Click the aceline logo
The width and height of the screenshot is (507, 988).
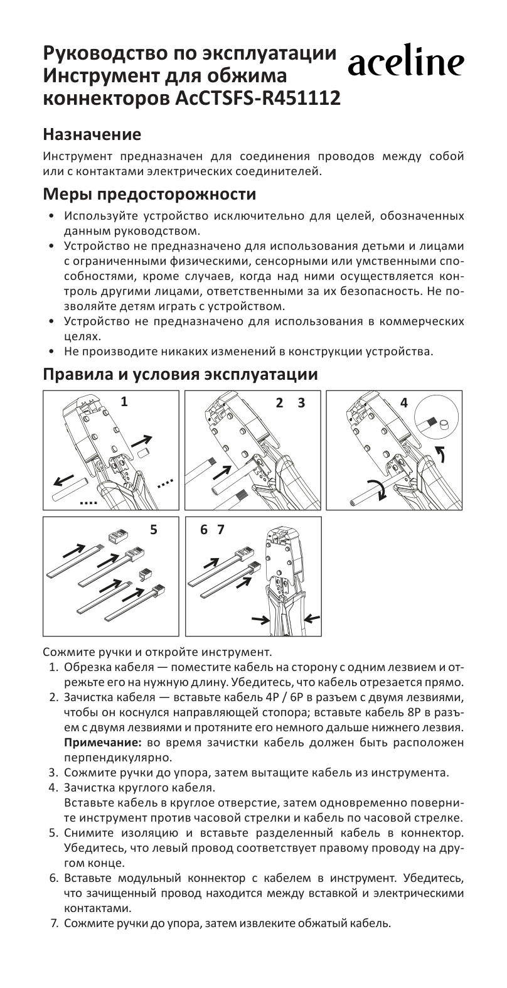pyautogui.click(x=406, y=63)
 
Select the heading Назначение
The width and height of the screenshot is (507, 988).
pyautogui.click(x=92, y=134)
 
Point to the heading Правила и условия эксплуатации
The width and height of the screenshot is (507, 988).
pyautogui.click(x=180, y=375)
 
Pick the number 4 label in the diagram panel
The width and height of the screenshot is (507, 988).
pyautogui.click(x=403, y=403)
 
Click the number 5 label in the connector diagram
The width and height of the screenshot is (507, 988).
pyautogui.click(x=154, y=530)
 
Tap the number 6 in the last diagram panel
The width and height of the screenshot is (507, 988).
pyautogui.click(x=203, y=530)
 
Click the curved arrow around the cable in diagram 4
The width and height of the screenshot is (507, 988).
pyautogui.click(x=377, y=490)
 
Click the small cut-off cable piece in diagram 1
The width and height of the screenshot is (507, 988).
pyautogui.click(x=142, y=453)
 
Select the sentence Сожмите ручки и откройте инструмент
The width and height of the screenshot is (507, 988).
pyautogui.click(x=157, y=651)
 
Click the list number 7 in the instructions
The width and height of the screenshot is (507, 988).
pyautogui.click(x=54, y=924)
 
